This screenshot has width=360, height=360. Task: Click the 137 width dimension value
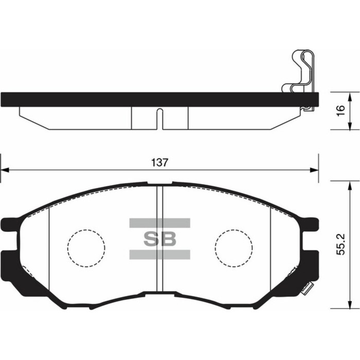159,163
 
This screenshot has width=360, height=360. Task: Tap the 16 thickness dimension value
341,111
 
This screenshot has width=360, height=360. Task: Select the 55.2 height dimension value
341,244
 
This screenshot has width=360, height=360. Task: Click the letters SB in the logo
160,239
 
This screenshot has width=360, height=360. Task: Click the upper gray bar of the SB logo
160,223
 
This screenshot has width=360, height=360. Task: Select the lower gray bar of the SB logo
160,255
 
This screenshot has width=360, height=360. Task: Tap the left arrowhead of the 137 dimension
5,170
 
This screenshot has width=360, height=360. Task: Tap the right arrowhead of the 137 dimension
314,170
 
